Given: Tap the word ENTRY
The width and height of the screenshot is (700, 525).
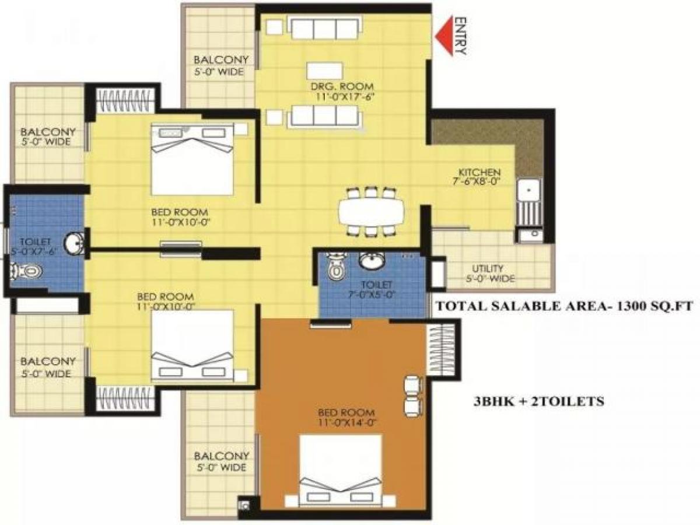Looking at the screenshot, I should click(x=460, y=36).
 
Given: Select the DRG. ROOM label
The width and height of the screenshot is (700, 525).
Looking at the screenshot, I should click(x=341, y=87).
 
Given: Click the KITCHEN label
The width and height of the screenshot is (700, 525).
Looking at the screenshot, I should click(x=479, y=173).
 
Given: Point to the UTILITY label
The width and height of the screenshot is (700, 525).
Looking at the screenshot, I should click(x=488, y=268).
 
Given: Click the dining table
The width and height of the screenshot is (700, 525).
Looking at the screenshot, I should click(x=371, y=211).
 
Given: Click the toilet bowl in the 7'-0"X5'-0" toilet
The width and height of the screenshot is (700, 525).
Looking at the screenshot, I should click(x=335, y=269).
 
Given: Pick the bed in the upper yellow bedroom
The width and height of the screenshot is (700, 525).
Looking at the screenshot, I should click(x=192, y=157).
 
